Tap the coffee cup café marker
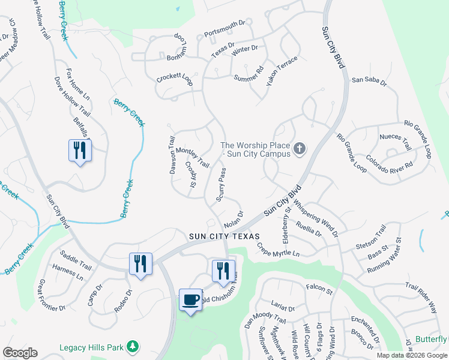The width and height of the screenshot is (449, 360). pos(191,299)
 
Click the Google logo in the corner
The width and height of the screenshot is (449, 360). pos(20,353)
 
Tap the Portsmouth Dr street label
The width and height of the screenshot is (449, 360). pos(225,28)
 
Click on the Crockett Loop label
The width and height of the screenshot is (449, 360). pos(174,79)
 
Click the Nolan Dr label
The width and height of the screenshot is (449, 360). pos(234,220)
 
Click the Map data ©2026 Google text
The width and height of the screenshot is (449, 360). pos(412,355)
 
